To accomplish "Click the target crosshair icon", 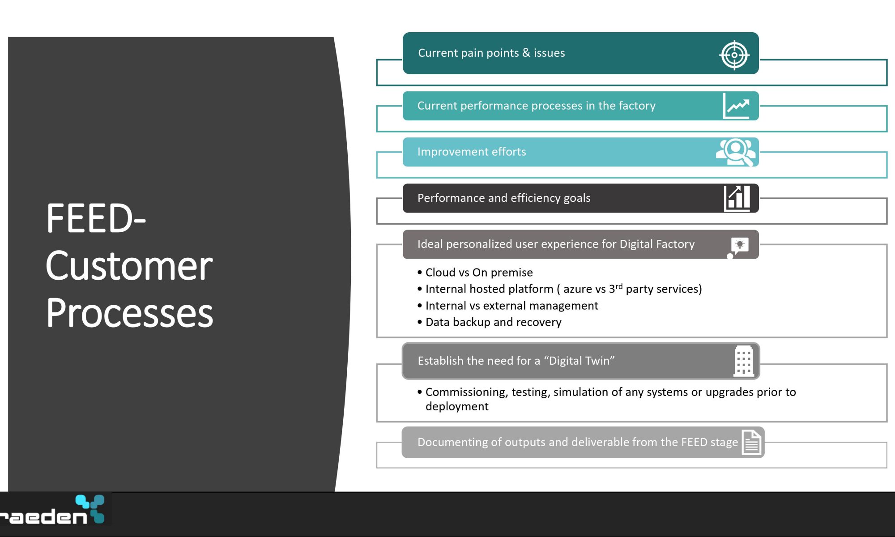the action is (734, 55).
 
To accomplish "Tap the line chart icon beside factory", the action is (736, 106).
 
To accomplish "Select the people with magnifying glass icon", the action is (736, 152).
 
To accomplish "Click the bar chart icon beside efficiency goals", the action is (737, 198).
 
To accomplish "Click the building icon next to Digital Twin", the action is (743, 361).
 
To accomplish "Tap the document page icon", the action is (751, 442).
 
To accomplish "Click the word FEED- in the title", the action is (96, 218).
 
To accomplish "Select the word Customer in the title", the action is (129, 266).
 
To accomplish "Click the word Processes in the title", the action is (130, 313).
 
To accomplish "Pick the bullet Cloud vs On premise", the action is (475, 273).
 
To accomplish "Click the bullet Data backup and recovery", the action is (490, 322).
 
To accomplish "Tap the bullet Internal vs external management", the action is (508, 306).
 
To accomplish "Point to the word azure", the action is (578, 290).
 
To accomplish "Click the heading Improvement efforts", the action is (472, 152).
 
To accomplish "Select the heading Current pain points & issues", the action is (491, 53).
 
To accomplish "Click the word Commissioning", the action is (467, 392).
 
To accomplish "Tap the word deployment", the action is (457, 406).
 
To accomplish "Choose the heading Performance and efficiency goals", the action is (504, 198).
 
